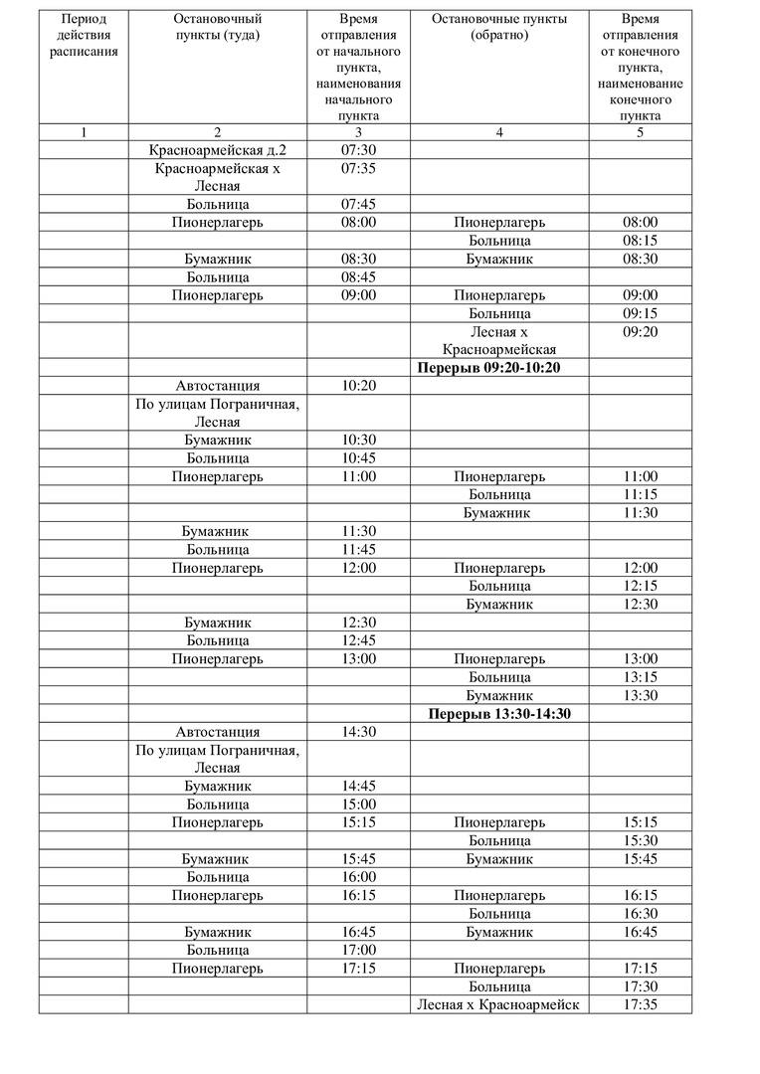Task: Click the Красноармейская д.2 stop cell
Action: pos(217,150)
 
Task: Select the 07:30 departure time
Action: pos(358,150)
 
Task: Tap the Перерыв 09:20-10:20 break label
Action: pos(499,368)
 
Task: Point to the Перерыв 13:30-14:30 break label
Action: pos(499,714)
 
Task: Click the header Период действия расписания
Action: pos(84,36)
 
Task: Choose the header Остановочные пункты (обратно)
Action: pos(499,27)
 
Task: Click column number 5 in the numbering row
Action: pos(640,132)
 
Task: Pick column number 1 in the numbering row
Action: pos(84,132)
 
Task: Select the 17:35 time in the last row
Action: pos(640,1004)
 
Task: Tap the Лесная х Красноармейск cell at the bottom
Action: pos(499,1004)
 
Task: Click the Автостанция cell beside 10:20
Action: pos(217,386)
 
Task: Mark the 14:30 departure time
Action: pos(358,732)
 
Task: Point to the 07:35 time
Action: pos(358,168)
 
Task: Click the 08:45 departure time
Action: pos(358,277)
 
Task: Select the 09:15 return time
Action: pos(640,313)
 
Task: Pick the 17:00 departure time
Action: pos(358,950)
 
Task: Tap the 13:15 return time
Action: pos(640,677)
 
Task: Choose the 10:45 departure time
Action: pos(358,458)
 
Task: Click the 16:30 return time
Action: pos(640,913)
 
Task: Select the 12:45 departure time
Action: pos(358,640)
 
